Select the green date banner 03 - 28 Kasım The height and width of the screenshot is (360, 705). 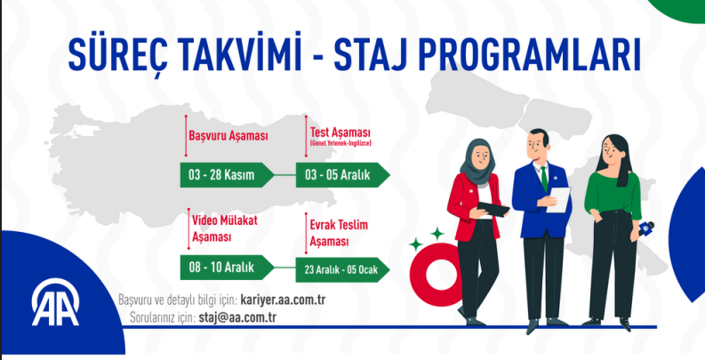click(x=221, y=174)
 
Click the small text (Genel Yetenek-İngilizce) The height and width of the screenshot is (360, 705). click(x=340, y=143)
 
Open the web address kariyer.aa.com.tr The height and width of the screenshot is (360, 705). click(x=283, y=300)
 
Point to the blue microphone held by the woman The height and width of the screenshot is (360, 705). click(x=647, y=229)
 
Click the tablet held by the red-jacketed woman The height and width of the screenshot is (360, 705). click(x=493, y=209)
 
